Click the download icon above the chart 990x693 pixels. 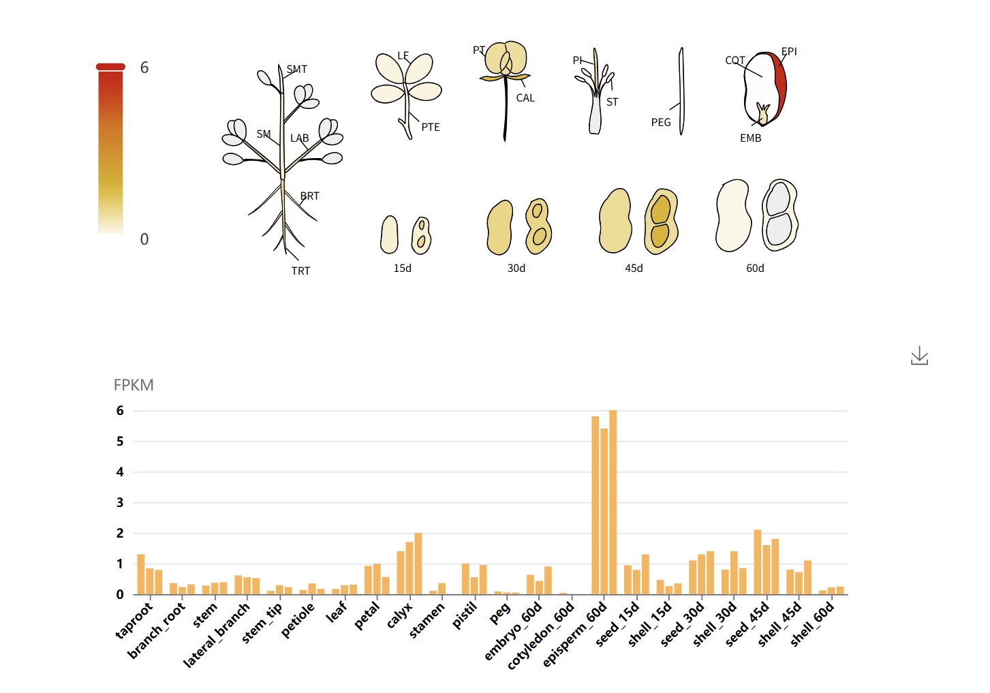919,356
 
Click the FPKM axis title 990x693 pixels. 134,385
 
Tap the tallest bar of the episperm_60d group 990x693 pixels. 613,502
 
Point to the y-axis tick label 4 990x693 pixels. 120,472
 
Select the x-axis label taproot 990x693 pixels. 134,621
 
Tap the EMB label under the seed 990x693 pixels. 750,138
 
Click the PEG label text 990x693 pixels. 661,123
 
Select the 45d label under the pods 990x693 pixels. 634,268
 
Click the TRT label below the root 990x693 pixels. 300,271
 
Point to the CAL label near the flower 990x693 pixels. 525,98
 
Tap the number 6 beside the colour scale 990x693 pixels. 144,67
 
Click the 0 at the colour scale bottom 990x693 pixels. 144,239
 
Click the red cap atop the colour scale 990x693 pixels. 111,67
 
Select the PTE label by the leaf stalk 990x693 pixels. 431,127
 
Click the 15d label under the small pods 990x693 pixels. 403,268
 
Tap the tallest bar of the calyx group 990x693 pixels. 418,564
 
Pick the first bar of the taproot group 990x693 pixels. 141,574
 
